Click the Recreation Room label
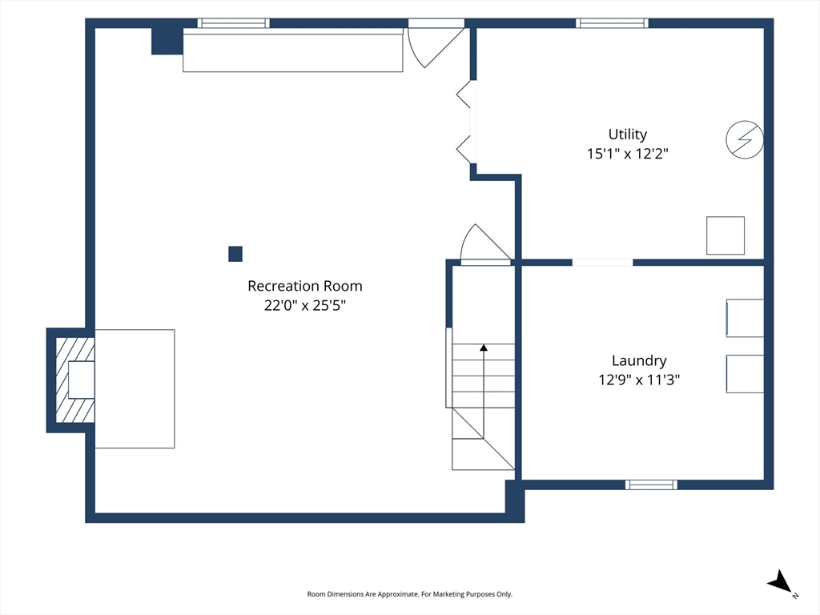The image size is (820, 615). tap(305, 286)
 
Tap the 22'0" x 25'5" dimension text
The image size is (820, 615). tap(305, 305)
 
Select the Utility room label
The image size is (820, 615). tap(628, 135)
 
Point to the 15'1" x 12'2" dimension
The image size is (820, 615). tap(628, 154)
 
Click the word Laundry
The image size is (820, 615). tap(639, 361)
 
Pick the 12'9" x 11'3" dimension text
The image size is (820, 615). tap(639, 380)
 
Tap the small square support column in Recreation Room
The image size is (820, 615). tap(235, 254)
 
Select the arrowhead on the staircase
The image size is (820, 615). tap(484, 348)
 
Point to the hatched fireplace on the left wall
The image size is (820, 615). tap(74, 380)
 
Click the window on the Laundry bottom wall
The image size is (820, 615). tap(651, 484)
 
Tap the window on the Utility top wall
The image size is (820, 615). tap(612, 23)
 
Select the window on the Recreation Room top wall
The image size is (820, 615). tap(233, 23)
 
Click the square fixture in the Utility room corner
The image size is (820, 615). tap(726, 236)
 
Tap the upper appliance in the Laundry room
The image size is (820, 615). tap(745, 318)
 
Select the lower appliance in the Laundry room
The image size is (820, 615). tap(745, 374)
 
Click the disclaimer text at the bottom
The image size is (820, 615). tap(409, 594)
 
